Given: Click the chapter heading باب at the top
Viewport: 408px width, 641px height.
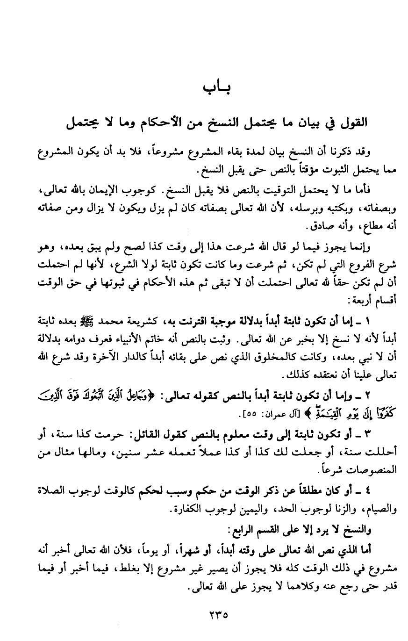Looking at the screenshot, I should coord(218,88).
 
